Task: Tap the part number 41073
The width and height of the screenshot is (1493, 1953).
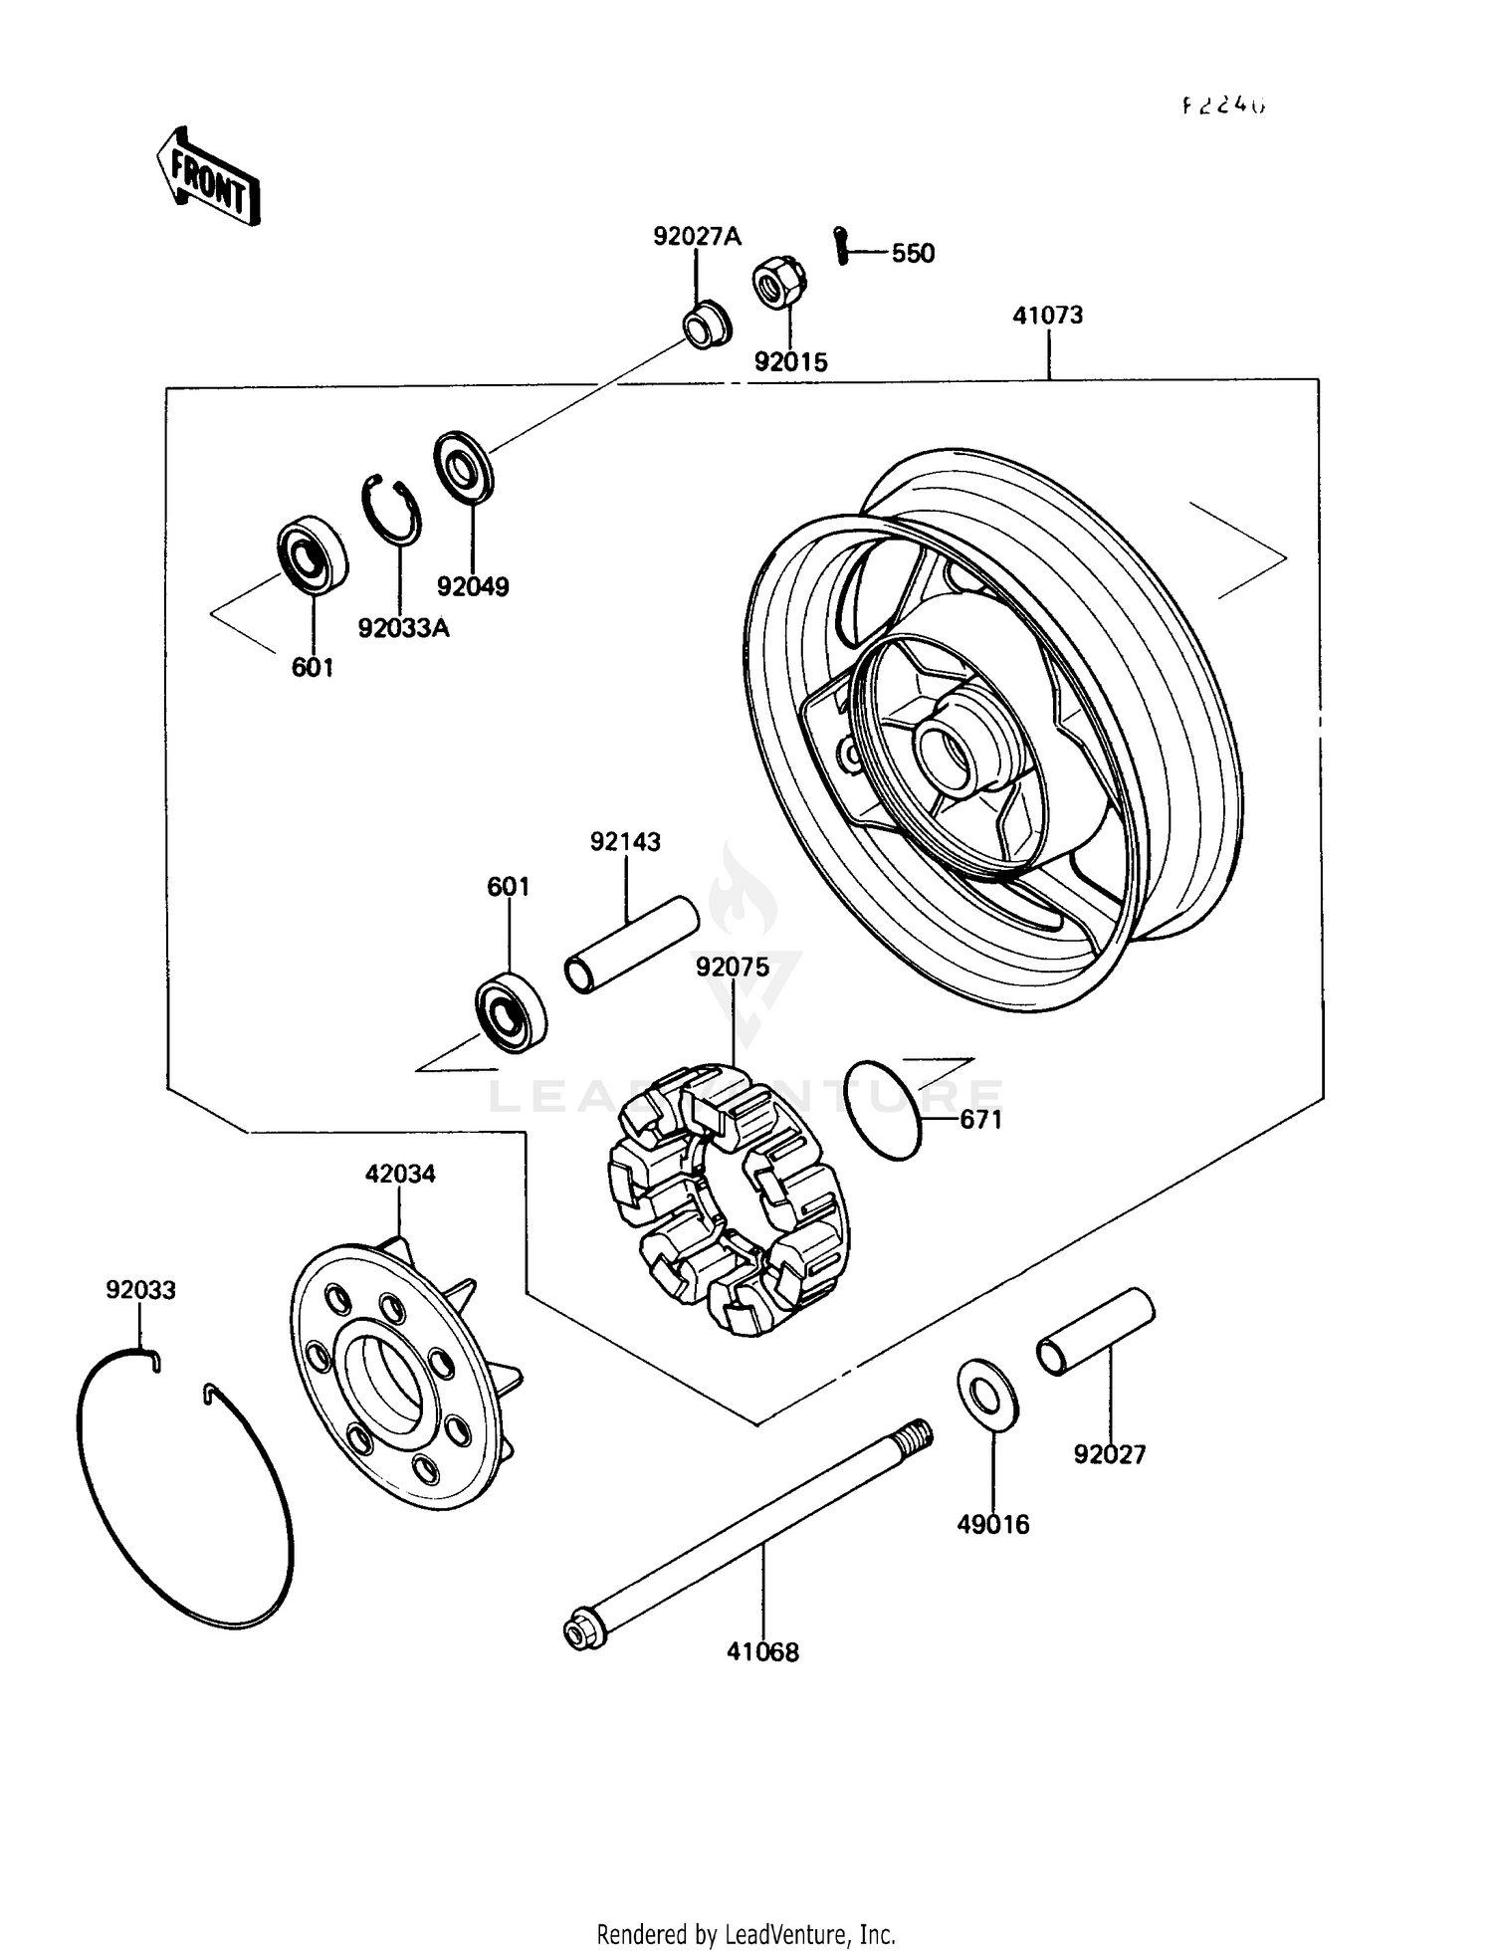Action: click(1047, 316)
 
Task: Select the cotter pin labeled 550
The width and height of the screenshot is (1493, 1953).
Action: click(842, 246)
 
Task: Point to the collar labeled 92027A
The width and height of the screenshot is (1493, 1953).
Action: click(706, 324)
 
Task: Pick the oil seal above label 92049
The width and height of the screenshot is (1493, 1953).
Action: click(463, 465)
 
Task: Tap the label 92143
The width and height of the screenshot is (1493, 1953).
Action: click(625, 842)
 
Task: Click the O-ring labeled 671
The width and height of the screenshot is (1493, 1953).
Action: click(883, 1110)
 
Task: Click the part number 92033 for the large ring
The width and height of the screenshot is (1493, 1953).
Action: click(140, 1290)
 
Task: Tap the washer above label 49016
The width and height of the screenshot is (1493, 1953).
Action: click(986, 1395)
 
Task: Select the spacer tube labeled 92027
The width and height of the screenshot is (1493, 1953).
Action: click(1095, 1332)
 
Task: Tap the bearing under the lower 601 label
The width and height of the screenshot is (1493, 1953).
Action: click(510, 1015)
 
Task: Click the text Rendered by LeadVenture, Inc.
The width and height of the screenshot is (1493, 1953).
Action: click(746, 1934)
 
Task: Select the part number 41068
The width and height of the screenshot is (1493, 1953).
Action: click(762, 1652)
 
